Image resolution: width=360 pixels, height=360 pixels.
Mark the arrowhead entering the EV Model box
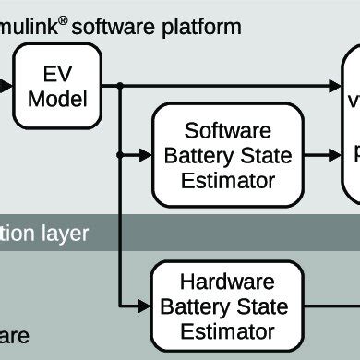pos(6,89)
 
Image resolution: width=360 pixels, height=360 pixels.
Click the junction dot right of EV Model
pos(121,89)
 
